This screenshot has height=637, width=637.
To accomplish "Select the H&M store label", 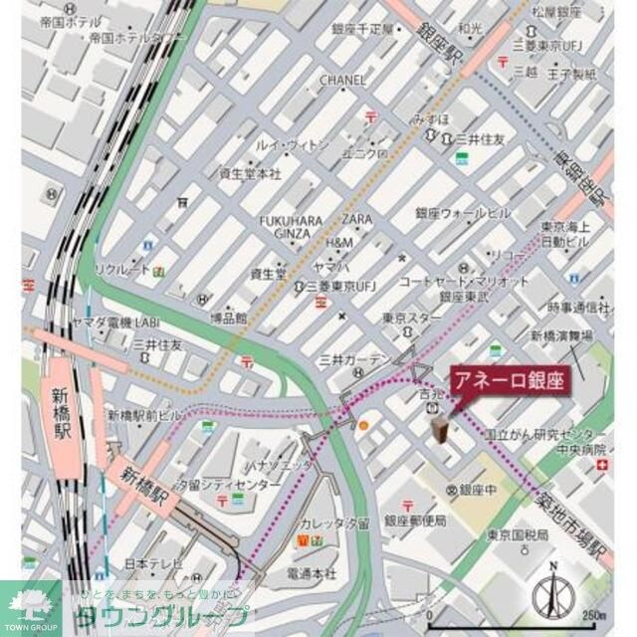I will (338, 243).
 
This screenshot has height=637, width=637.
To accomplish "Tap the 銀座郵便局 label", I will (415, 521).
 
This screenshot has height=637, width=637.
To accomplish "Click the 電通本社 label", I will (312, 574).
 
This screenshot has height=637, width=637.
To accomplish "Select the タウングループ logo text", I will (159, 614).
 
